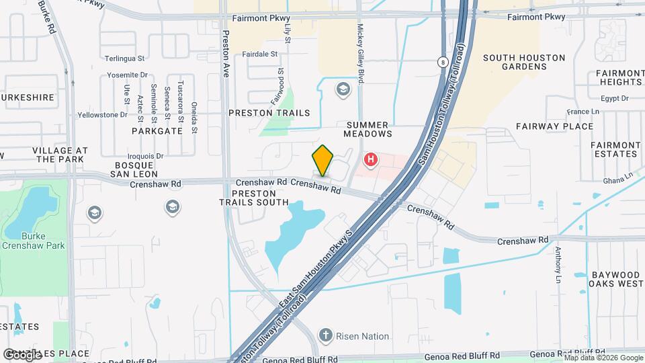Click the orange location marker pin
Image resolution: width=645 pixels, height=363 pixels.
tap(322, 160)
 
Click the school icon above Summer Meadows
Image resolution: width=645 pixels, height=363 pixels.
tap(343, 89)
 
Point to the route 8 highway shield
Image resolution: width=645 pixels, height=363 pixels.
tap(443, 62)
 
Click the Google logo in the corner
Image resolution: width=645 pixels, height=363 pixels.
tap(21, 354)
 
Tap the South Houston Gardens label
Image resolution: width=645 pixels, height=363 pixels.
tap(524, 63)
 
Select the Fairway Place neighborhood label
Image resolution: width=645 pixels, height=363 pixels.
tap(554, 126)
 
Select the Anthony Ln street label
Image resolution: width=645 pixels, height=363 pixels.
tap(558, 265)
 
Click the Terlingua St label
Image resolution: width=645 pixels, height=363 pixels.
tap(125, 59)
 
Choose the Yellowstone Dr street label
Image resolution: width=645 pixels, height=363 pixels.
tap(102, 115)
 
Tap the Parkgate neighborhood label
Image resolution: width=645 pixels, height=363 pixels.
tap(157, 131)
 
